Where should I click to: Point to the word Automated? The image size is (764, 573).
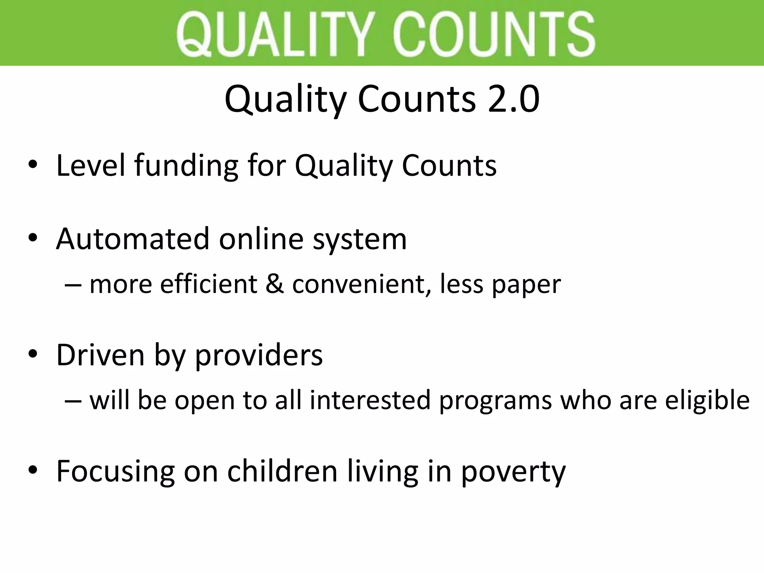[132, 239]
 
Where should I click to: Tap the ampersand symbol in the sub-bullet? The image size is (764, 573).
[275, 284]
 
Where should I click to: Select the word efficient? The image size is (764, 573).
[209, 284]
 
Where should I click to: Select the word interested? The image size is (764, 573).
[370, 400]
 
